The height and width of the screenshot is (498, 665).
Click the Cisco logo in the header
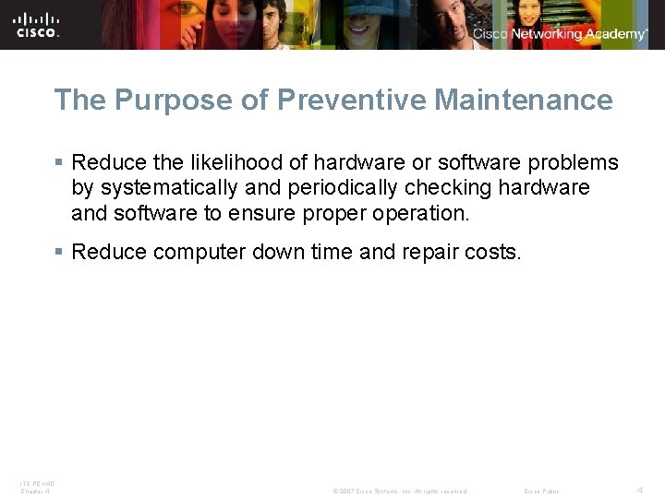coord(37,25)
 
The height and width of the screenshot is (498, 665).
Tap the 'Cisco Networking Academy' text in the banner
coord(560,34)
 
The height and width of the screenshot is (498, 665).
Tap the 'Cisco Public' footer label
coord(542,491)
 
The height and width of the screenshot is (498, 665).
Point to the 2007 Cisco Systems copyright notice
coord(400,491)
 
